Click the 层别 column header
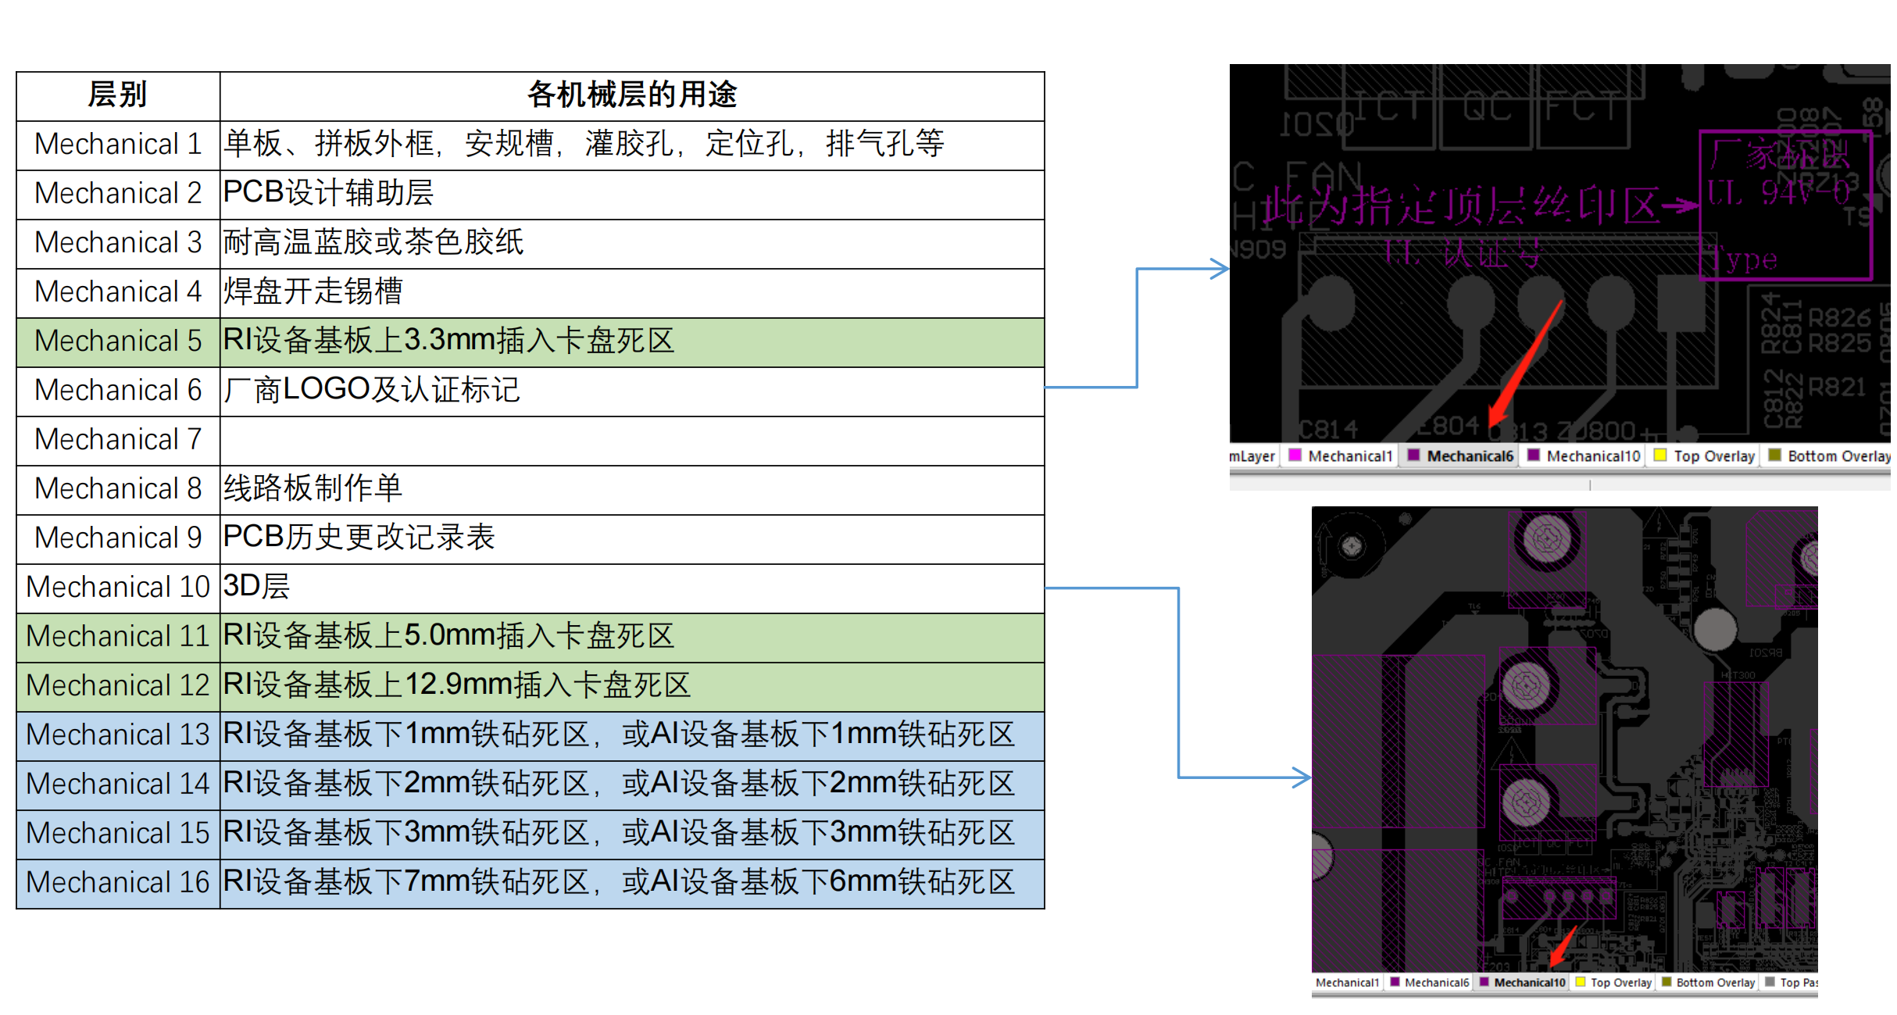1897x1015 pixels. point(117,95)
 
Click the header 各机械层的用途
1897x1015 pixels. point(631,95)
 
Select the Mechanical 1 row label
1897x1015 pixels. point(118,145)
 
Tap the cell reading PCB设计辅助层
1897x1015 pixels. point(328,194)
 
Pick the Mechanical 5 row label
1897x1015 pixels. point(118,341)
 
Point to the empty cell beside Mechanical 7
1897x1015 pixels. point(631,440)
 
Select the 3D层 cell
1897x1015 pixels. point(256,587)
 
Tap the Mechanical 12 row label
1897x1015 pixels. point(118,686)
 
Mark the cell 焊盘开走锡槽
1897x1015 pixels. point(313,292)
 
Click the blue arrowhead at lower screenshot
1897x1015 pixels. point(1302,777)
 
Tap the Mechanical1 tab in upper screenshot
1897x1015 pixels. point(1341,456)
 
